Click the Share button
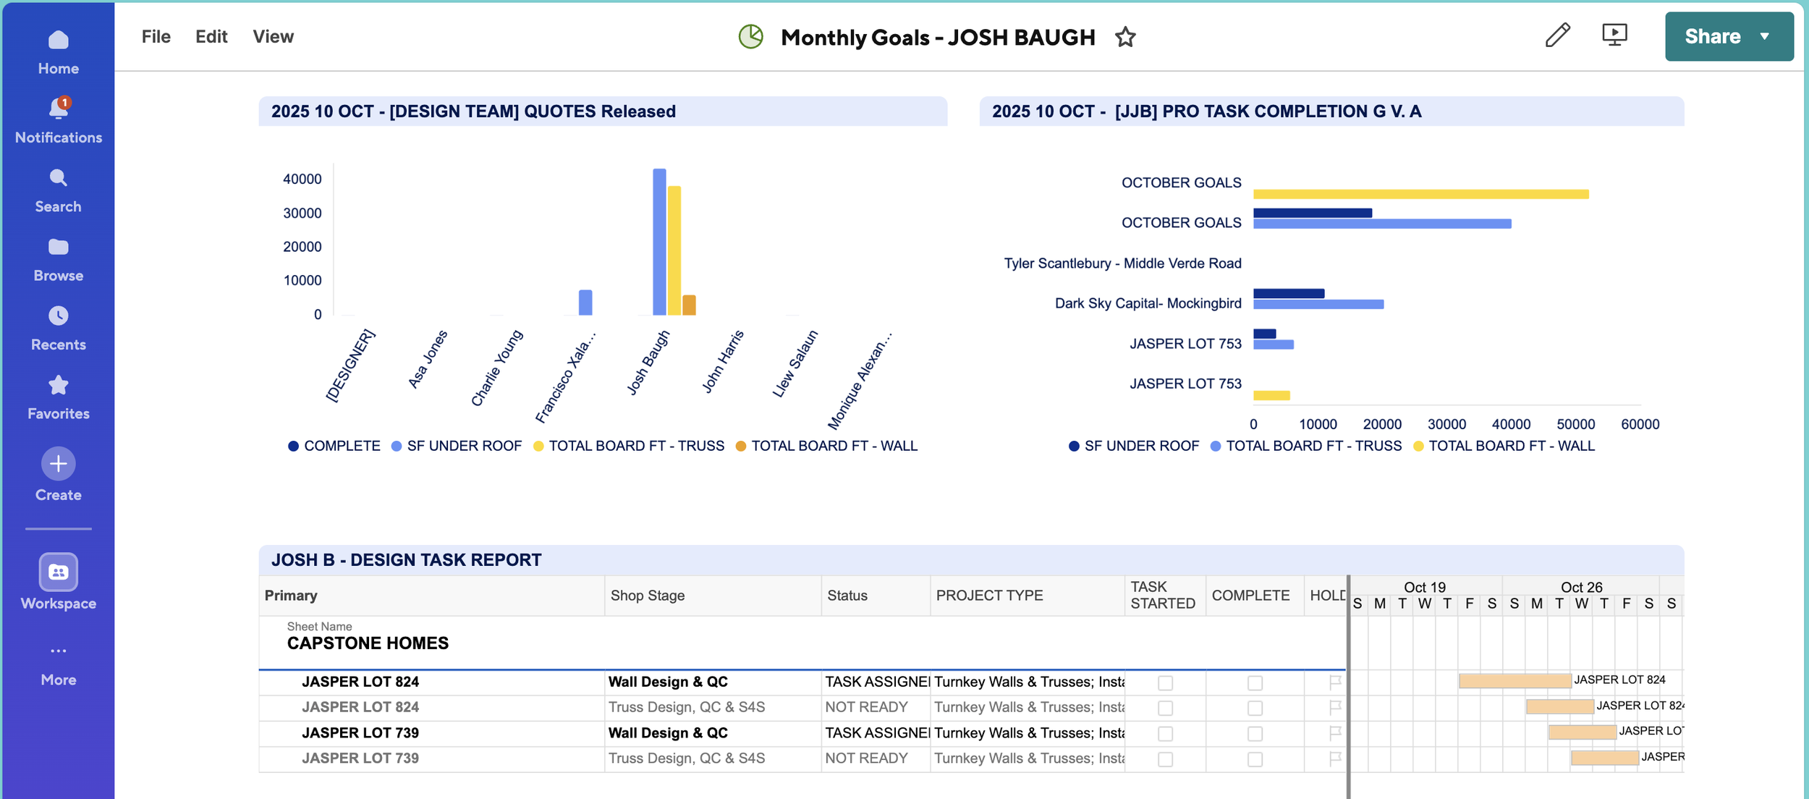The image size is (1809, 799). coord(1729,36)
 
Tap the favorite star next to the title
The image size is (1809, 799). coord(1125,37)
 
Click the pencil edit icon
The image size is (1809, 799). coord(1557,35)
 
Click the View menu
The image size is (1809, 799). coord(273,36)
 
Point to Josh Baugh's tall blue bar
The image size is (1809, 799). coord(659,242)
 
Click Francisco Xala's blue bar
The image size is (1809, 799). coord(585,303)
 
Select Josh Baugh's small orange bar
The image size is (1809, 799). coord(689,305)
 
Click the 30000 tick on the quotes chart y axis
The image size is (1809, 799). coord(302,213)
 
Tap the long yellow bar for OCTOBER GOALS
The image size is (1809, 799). coord(1421,194)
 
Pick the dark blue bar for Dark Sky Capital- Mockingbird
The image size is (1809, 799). coord(1289,293)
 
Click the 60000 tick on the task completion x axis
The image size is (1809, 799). coord(1640,424)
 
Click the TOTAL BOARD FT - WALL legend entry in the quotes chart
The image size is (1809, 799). coord(826,446)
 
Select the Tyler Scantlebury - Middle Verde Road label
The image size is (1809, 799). coord(1122,263)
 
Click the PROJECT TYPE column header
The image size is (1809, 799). coord(989,596)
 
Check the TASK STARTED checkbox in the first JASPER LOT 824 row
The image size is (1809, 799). coord(1165,682)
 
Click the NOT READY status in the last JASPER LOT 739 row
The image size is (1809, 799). coord(866,758)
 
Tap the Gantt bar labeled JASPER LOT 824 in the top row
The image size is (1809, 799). coord(1514,680)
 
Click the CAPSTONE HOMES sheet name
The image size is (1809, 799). coord(368,643)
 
